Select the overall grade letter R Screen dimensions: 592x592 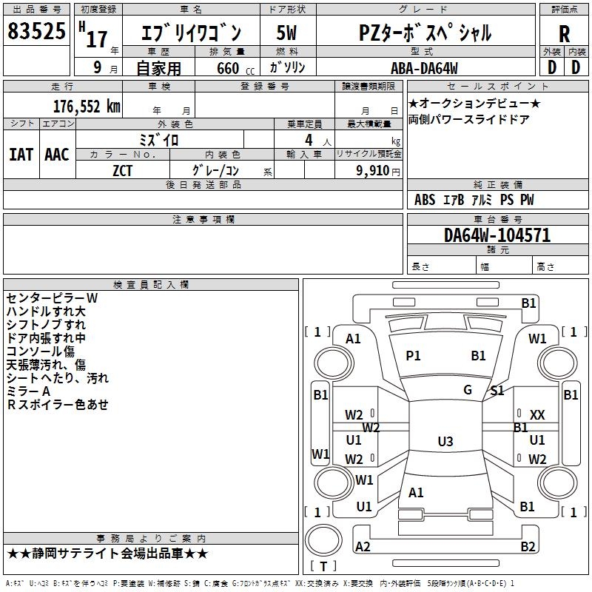[564, 34]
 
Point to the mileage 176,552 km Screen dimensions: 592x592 [87, 106]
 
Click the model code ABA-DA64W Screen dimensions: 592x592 [424, 68]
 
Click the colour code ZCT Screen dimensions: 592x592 [123, 171]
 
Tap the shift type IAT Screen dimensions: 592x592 [21, 154]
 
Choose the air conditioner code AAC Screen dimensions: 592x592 [57, 154]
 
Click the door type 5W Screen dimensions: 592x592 [286, 34]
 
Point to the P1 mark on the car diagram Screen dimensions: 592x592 [413, 356]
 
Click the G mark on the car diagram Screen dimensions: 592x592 [468, 390]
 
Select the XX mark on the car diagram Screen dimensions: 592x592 [537, 416]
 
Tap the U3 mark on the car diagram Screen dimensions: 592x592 [445, 442]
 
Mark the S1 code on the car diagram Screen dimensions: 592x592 [497, 391]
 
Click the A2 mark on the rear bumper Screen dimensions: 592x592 [363, 547]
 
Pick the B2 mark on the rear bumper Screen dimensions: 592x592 [528, 547]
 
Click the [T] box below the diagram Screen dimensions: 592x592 [323, 566]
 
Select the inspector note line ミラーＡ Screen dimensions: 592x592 [29, 391]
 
